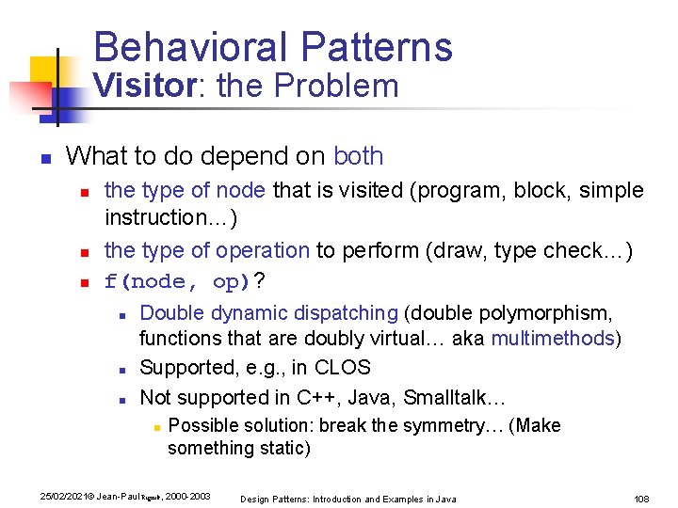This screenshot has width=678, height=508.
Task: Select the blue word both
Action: tap(359, 156)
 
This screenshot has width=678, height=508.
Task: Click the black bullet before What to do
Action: tap(43, 157)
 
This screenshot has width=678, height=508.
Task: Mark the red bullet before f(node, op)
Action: tap(84, 282)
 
